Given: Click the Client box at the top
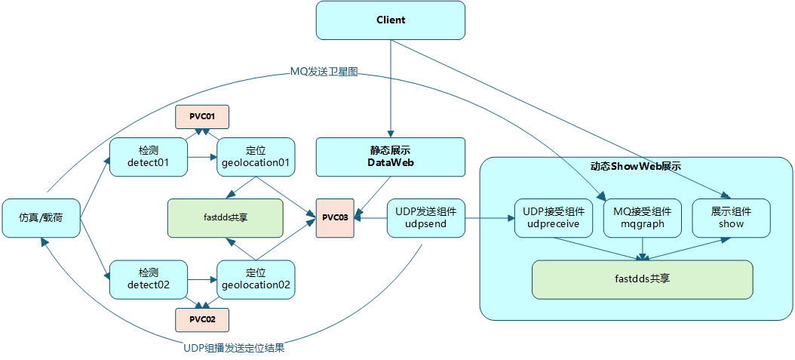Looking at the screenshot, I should (390, 20).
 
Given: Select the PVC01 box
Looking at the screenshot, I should (202, 117).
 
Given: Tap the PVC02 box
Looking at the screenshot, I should (202, 319).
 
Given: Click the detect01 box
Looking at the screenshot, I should (148, 157).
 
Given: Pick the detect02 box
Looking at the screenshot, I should (148, 279).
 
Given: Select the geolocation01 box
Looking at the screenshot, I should (256, 157).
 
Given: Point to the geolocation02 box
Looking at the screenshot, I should (256, 279).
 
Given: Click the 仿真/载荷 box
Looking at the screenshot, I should (41, 218).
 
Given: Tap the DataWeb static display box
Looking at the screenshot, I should (390, 157).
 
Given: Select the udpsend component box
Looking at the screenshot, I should (425, 218).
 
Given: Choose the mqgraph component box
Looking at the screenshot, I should (642, 218).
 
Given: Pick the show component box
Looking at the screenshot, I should (731, 218).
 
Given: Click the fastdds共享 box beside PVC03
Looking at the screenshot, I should (226, 217).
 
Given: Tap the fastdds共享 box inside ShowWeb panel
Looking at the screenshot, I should (643, 278).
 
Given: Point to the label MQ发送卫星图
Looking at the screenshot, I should (324, 72).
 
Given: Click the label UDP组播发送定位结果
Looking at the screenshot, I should (234, 349).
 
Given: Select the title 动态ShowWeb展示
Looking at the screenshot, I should (636, 166).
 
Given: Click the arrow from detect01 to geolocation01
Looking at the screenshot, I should (201, 158).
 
